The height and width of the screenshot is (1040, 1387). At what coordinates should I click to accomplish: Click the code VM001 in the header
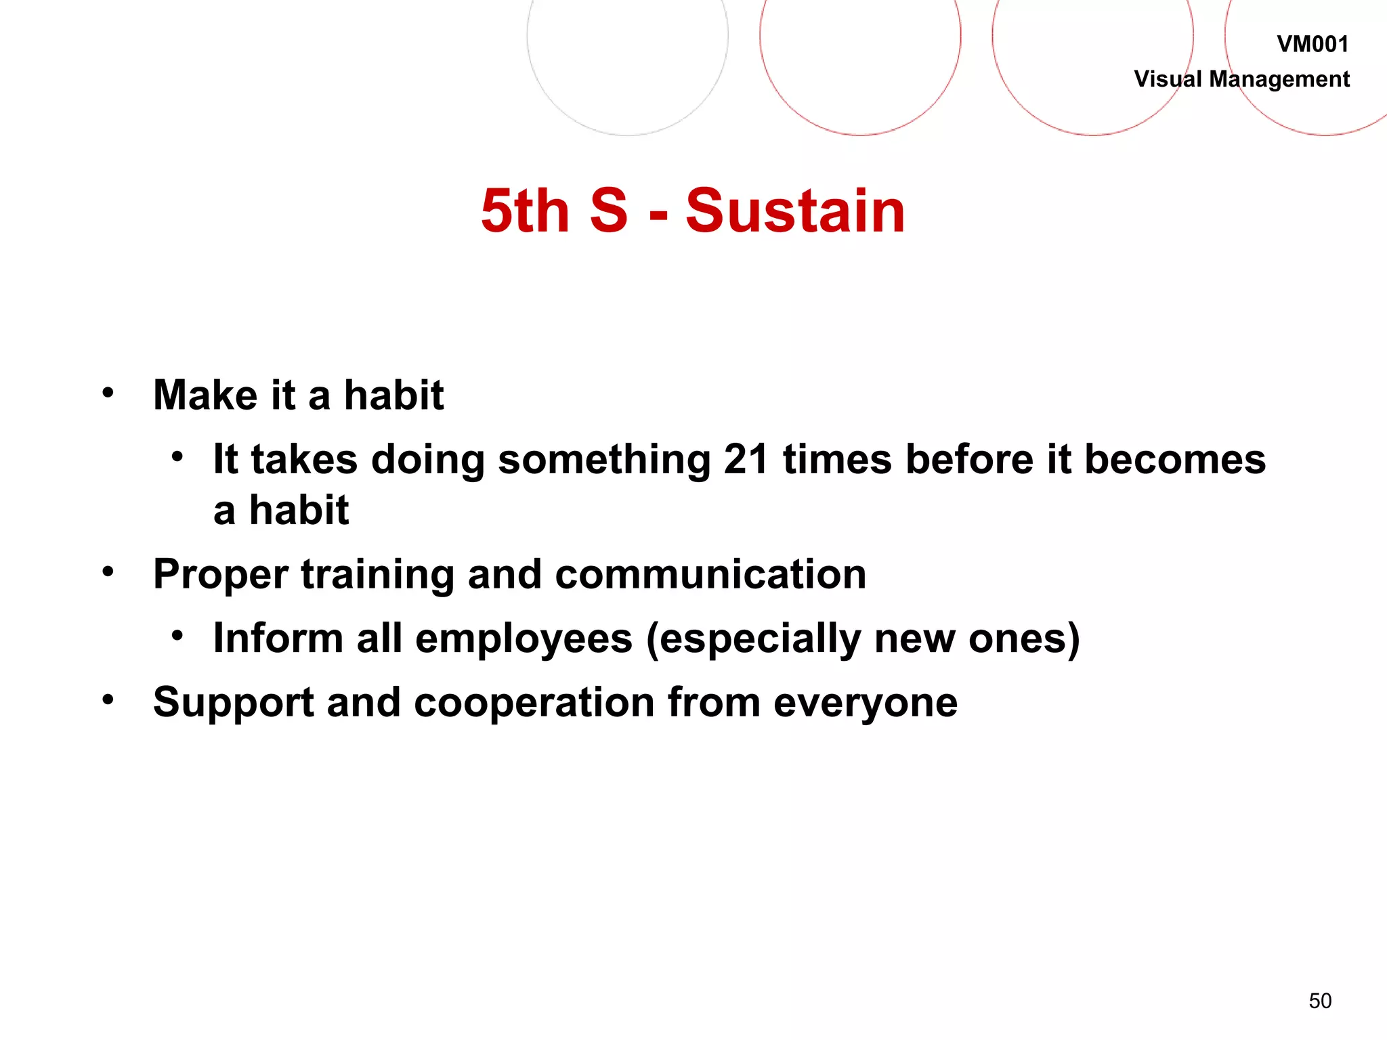[1312, 44]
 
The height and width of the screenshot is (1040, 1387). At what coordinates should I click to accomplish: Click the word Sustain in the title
[795, 211]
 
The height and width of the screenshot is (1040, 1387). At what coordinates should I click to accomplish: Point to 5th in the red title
[525, 211]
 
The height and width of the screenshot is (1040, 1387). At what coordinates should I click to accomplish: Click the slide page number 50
[1320, 1001]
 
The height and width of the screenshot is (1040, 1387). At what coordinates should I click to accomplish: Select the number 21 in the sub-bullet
[746, 459]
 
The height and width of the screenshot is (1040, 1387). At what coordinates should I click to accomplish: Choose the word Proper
[220, 575]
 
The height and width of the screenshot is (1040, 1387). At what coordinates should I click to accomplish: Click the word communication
[710, 575]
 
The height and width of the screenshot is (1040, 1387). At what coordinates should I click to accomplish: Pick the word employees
[524, 638]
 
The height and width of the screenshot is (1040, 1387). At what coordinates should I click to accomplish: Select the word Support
[233, 702]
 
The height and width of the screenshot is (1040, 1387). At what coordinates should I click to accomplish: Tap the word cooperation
[534, 702]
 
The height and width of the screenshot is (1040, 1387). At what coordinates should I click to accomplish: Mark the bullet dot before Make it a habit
[108, 392]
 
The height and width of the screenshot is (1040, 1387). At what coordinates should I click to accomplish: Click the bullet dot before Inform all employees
[177, 635]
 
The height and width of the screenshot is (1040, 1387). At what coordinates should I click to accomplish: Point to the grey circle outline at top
[627, 135]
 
